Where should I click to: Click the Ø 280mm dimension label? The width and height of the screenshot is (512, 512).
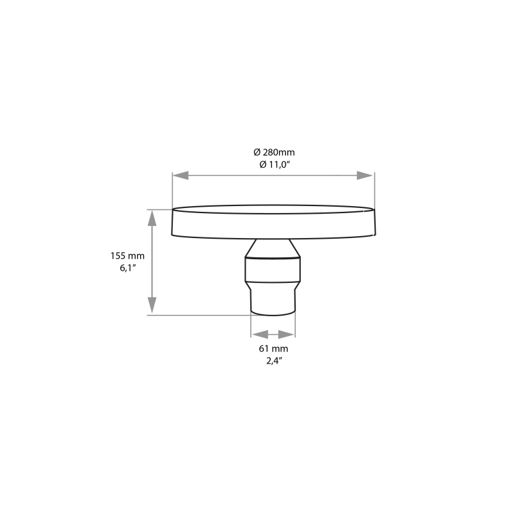274,152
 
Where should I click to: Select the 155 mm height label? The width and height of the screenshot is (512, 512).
127,255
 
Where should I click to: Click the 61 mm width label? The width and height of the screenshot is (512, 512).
273,349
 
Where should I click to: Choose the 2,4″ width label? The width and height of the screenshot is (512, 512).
273,360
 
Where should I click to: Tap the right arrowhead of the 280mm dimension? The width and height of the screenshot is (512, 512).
365,175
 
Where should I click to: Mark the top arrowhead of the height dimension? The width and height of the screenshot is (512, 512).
152,217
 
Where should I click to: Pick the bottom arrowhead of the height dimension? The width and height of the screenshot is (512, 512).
152,307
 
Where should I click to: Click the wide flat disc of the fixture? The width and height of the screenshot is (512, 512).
273,223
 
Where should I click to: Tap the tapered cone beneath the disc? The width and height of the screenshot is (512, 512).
273,246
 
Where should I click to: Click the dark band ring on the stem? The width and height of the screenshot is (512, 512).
273,258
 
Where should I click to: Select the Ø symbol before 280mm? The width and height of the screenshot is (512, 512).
257,152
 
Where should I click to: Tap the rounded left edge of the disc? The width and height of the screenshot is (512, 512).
174,223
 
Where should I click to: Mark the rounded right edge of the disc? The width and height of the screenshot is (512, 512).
373,223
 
